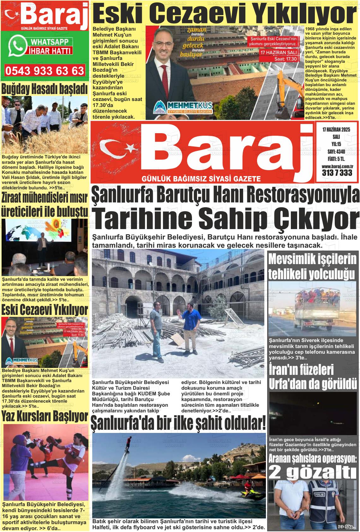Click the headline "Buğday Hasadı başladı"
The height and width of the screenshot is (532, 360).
tap(45, 89)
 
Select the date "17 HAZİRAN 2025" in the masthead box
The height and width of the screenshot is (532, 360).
tap(336, 130)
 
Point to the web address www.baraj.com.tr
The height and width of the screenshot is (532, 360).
tap(337, 166)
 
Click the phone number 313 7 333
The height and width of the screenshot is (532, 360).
tap(337, 173)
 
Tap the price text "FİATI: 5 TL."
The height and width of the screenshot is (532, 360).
tap(336, 159)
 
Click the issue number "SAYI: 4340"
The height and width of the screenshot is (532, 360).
tap(336, 151)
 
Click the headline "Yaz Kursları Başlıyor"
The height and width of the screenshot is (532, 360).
tap(45, 416)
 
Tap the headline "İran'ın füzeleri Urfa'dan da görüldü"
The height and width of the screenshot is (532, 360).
tap(313, 377)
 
